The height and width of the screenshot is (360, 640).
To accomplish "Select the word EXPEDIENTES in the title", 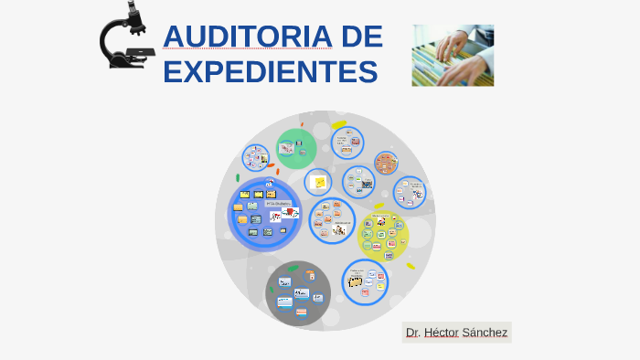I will (x=270, y=71).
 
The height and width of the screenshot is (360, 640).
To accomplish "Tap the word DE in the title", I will (x=361, y=37).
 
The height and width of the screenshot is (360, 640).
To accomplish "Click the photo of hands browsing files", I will (x=453, y=55).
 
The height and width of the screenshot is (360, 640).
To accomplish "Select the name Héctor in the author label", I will (x=442, y=333).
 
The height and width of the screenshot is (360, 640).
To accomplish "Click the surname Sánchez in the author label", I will (x=485, y=333).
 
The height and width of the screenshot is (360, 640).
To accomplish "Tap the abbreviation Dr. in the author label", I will (x=413, y=333).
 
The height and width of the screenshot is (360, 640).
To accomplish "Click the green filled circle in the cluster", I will (x=296, y=148).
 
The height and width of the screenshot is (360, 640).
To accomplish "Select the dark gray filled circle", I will (x=297, y=292).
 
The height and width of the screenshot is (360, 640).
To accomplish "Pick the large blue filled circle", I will (x=264, y=216).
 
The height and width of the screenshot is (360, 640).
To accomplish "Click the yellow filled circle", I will (x=383, y=236).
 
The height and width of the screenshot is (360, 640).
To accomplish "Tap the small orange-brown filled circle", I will (x=386, y=163).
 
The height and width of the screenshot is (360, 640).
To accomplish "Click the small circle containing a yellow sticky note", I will (x=318, y=183).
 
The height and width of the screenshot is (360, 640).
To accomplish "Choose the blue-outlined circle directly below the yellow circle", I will (x=366, y=281).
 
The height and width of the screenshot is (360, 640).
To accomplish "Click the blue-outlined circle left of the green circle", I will (x=255, y=158).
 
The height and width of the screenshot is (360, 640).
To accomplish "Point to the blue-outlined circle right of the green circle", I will (x=347, y=143).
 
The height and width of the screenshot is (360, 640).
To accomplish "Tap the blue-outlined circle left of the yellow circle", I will (x=332, y=221).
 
